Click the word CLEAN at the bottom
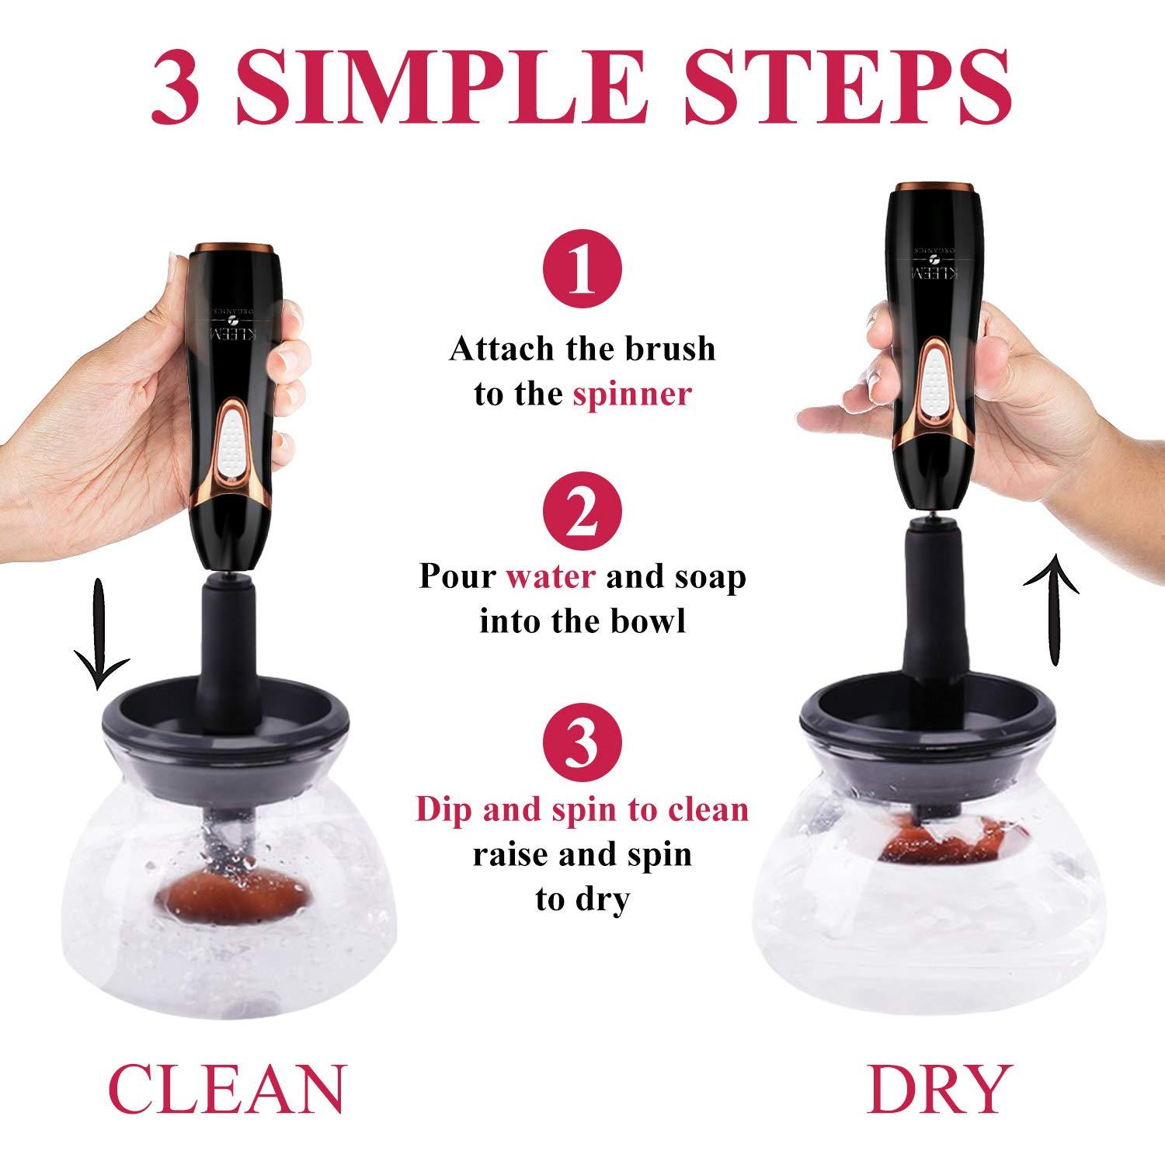pos(225,1090)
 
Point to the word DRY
pos(939,1090)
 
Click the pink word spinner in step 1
pos(631,394)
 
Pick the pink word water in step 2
pos(551,577)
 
